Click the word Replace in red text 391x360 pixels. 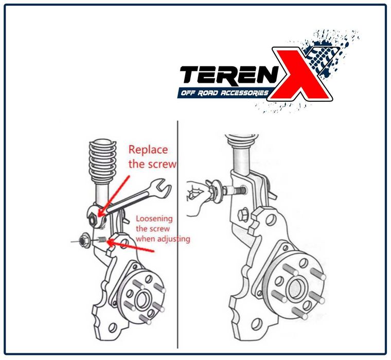148,150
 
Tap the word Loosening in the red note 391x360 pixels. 154,219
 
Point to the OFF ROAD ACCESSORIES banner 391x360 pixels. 223,93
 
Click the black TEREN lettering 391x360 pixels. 228,75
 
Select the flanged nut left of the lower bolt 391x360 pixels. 82,241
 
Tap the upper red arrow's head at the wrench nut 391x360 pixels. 100,212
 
